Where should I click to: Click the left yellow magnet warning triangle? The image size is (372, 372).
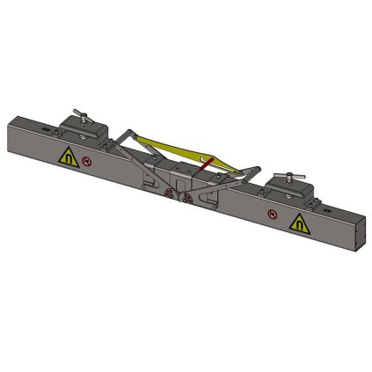pos(66,158)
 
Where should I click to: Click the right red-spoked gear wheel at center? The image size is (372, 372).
pos(186,197)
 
